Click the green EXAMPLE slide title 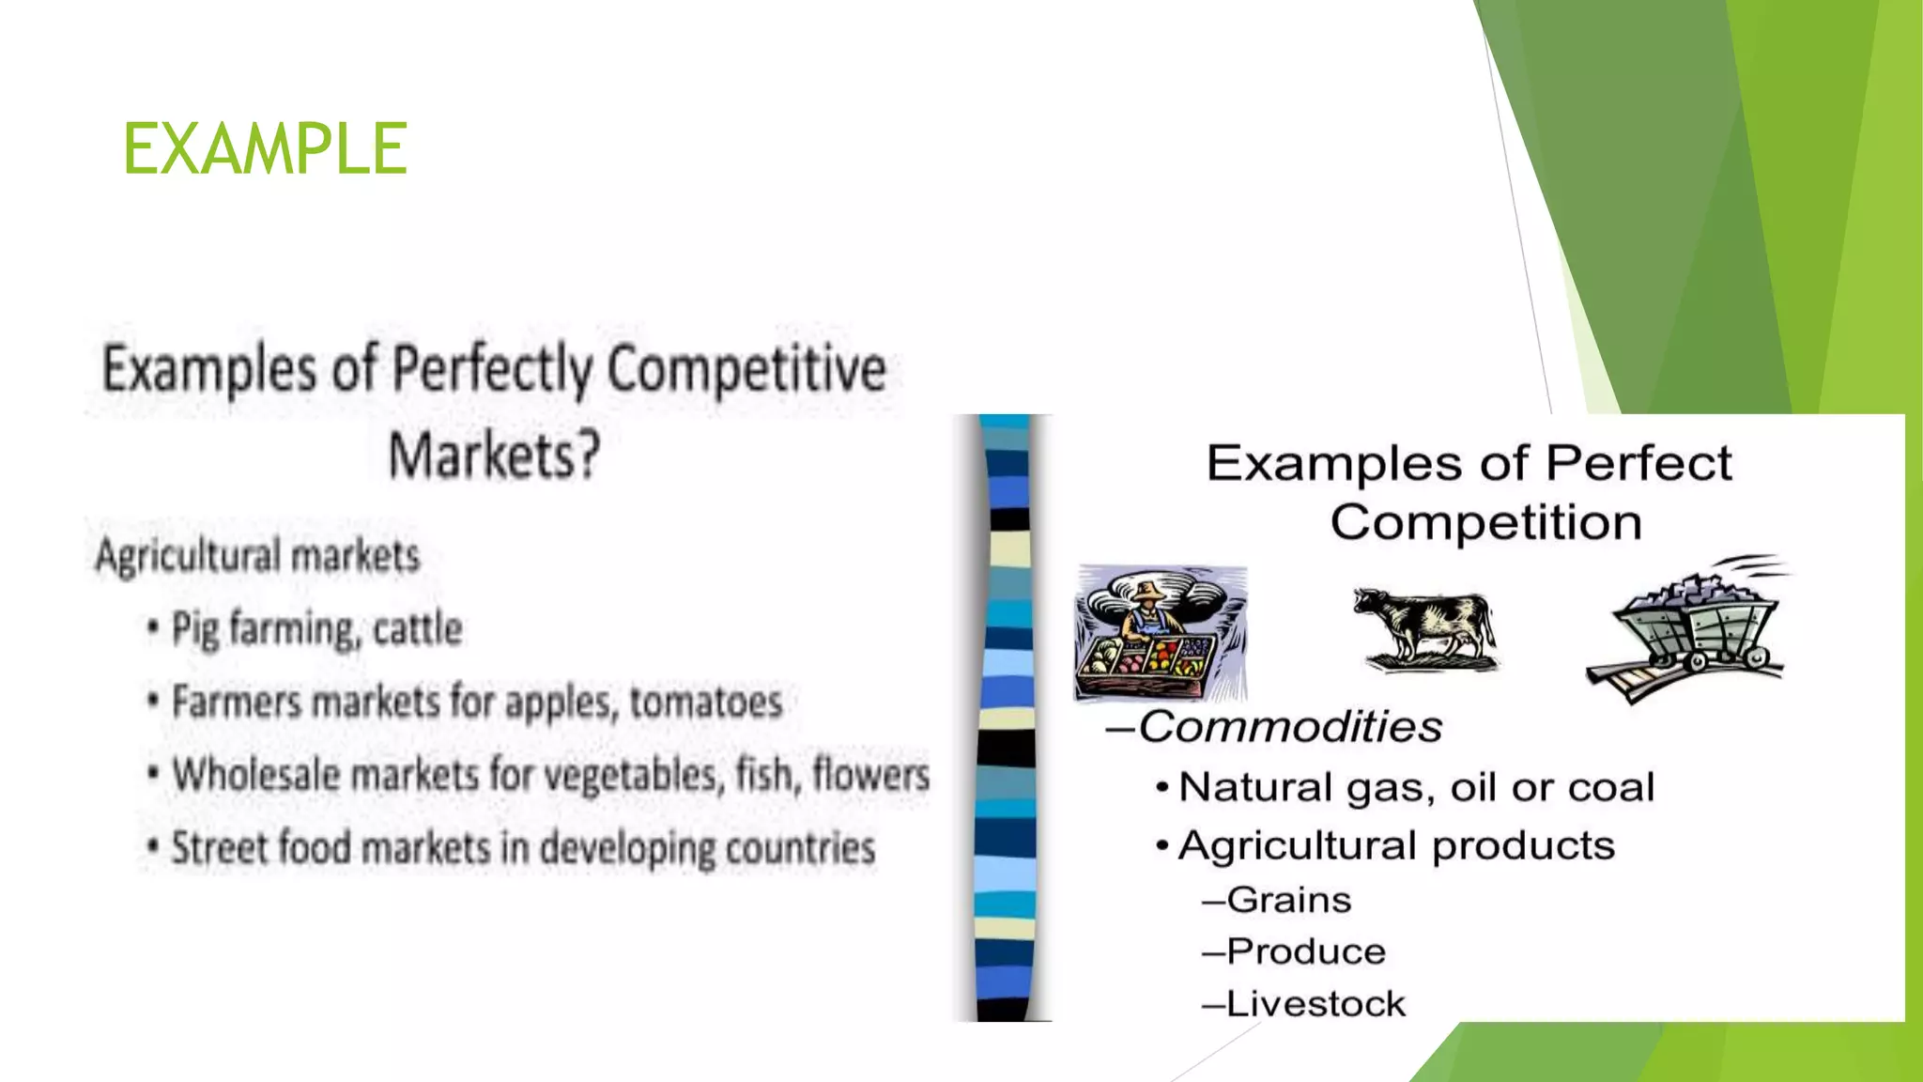tap(265, 148)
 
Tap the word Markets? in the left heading tap(494, 456)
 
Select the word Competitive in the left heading tap(746, 368)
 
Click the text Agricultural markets tap(257, 556)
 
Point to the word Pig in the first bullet tap(194, 629)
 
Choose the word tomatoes tap(706, 703)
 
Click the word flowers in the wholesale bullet tap(870, 775)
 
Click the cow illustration tap(1424, 628)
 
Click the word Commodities tap(1290, 727)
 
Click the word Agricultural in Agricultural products tap(1299, 845)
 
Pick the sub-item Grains tap(1288, 900)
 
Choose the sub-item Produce tap(1305, 951)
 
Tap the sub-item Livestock tap(1315, 1004)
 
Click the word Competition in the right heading tap(1485, 522)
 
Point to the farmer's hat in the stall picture tap(1147, 591)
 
